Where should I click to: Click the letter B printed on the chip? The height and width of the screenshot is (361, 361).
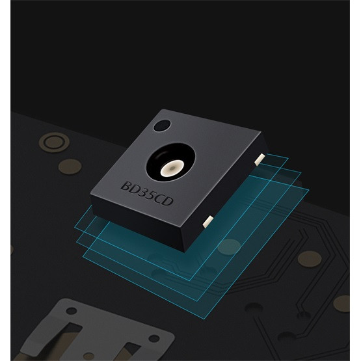coord(126,185)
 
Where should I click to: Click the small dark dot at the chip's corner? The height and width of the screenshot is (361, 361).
coord(162,126)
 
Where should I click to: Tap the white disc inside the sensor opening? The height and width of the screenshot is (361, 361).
coord(172,168)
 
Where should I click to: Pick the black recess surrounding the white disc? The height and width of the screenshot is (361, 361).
coord(170,161)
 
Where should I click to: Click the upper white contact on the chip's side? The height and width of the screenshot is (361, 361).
coord(260,159)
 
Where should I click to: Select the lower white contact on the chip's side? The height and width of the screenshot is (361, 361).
coord(208,222)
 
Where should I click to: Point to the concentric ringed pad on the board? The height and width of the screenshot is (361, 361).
coord(55,142)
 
